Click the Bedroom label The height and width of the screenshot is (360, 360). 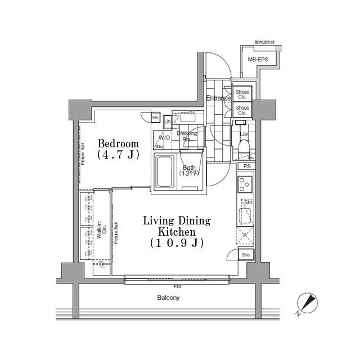(x=118, y=143)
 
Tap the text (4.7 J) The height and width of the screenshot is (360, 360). (x=118, y=155)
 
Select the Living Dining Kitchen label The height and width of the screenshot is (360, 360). (x=177, y=226)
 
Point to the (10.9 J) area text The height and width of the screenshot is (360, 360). (x=177, y=243)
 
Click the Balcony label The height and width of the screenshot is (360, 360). (x=168, y=298)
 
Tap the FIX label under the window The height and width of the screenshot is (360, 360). (x=178, y=286)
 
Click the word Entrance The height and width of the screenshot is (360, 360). (x=218, y=98)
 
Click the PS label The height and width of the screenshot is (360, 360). (x=247, y=166)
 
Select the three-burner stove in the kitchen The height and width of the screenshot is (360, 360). (x=245, y=184)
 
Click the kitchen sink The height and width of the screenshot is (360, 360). (x=246, y=215)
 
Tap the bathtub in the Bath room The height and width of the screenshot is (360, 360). (x=165, y=173)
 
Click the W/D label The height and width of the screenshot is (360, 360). (x=164, y=138)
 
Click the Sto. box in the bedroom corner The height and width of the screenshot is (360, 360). (x=155, y=118)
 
